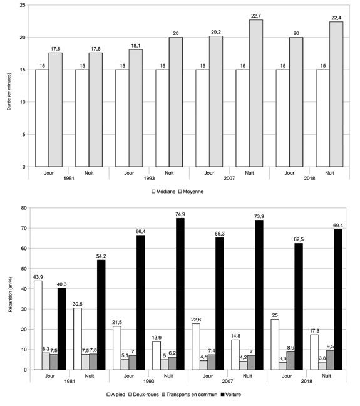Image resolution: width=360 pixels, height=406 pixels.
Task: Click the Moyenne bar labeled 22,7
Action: tap(256, 93)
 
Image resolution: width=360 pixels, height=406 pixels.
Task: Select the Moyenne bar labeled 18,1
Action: tap(136, 108)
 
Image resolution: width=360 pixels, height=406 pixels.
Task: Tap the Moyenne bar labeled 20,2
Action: tap(216, 101)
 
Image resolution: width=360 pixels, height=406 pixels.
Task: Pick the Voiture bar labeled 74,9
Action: tap(180, 294)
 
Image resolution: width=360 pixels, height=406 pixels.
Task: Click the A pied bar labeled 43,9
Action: tap(38, 325)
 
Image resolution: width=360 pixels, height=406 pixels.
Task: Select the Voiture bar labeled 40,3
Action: tap(61, 329)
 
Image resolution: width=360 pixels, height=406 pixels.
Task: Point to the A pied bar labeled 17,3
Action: tap(314, 352)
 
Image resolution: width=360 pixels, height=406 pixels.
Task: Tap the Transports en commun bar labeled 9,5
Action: tap(330, 360)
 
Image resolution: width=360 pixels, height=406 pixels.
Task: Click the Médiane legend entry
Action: tap(163, 192)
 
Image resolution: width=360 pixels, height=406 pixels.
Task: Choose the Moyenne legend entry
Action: tap(191, 192)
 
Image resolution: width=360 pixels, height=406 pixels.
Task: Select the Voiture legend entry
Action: tap(230, 395)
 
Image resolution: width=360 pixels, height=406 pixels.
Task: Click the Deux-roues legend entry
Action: tap(143, 395)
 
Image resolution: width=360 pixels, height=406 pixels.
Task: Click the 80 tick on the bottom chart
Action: tap(24, 208)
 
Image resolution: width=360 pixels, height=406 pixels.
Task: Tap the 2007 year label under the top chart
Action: tap(229, 178)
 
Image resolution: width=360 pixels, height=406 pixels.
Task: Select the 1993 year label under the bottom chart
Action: tap(149, 381)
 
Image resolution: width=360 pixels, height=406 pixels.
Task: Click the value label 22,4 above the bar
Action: tap(336, 18)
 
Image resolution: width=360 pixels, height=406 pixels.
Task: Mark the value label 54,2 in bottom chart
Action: tap(101, 256)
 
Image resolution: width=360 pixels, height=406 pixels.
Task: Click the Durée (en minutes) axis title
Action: tap(9, 91)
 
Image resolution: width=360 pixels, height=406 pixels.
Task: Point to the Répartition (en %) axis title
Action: tap(10, 294)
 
